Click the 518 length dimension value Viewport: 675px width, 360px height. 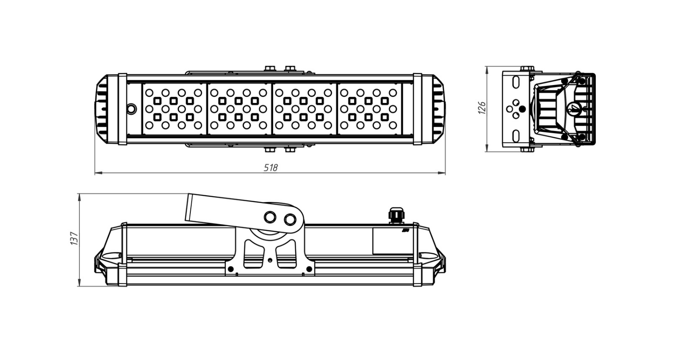[270, 167]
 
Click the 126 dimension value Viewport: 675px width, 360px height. [482, 108]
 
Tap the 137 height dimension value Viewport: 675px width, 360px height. [74, 238]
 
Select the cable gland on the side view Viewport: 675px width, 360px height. [396, 215]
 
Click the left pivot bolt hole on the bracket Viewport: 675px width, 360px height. [270, 217]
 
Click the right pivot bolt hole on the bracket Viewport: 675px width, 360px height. [290, 220]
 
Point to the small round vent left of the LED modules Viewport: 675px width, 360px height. [131, 108]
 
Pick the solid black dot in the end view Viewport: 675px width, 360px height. [522, 109]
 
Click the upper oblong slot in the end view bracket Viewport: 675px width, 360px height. [516, 82]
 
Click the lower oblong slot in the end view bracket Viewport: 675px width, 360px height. [516, 136]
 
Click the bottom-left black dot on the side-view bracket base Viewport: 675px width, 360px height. [231, 269]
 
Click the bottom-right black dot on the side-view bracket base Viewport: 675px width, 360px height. [309, 269]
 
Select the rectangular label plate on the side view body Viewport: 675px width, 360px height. [392, 241]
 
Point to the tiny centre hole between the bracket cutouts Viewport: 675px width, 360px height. [270, 260]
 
